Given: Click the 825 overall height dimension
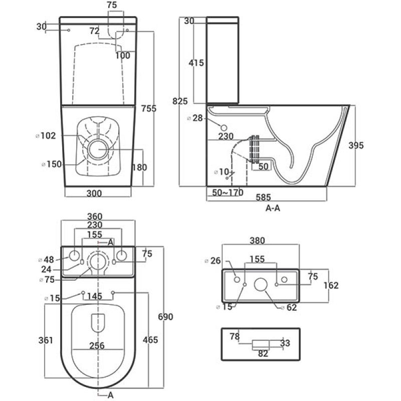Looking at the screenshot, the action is click(180, 101).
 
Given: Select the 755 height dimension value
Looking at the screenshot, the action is click(148, 109).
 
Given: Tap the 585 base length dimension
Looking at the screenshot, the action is click(263, 197).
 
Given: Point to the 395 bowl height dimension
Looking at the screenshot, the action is click(356, 145).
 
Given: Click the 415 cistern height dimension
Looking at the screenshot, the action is click(196, 63).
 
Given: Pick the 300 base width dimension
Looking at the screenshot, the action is click(94, 193).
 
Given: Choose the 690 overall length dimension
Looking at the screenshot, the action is click(165, 317).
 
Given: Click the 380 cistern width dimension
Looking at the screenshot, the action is click(257, 241).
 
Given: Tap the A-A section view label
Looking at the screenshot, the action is click(273, 209).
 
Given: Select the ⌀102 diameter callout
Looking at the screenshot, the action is click(46, 136).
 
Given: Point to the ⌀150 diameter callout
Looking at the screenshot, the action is click(52, 164).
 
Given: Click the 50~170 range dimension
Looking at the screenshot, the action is click(228, 192).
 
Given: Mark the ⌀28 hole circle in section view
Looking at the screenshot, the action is click(224, 128).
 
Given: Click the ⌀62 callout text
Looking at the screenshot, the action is click(289, 307).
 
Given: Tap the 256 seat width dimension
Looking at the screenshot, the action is click(97, 346).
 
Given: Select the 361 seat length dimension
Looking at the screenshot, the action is click(46, 340).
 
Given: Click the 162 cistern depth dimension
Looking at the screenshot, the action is click(331, 286).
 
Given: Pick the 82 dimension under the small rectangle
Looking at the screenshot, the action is click(263, 354).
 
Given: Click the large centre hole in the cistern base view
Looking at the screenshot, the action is click(261, 285).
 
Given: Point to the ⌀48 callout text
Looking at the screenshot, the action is click(46, 260).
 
